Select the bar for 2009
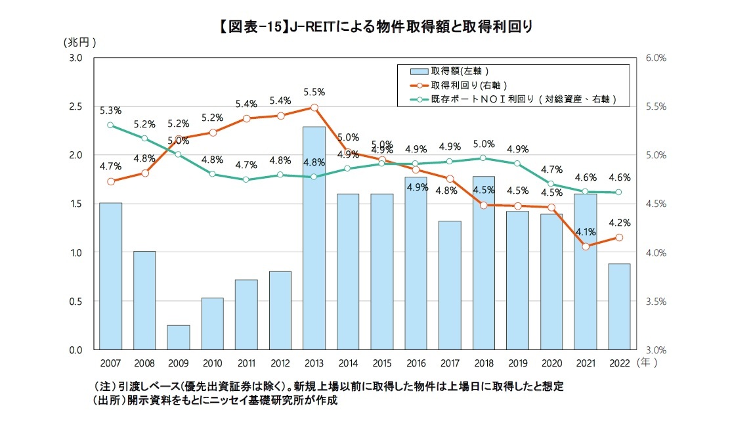coord(178,337)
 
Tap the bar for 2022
coord(618,306)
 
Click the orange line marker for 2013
coord(314,107)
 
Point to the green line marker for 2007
coord(110,125)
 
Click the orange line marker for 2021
coord(585,246)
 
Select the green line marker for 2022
coord(618,192)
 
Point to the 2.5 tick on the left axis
coord(75,106)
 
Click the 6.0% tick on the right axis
coord(656,58)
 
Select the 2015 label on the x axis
coord(381,362)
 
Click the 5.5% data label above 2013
coord(314,92)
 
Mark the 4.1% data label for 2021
coord(585,231)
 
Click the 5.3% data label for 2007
coord(110,110)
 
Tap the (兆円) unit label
coord(80,42)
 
